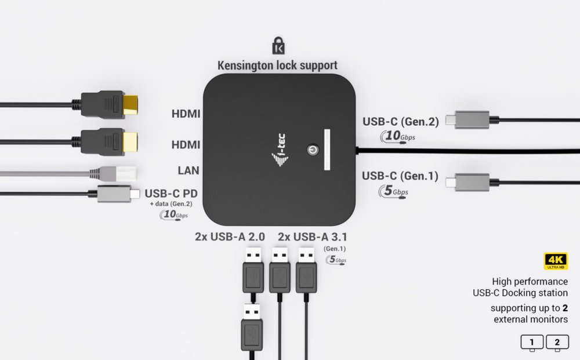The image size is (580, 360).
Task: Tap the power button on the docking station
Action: pos(311,149)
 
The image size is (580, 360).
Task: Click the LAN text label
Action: pos(188,170)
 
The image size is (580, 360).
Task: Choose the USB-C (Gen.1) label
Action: pos(400,176)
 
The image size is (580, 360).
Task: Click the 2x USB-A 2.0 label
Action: pos(230,237)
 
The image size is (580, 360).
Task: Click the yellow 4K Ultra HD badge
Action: pos(555,261)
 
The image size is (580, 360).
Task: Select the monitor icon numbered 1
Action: pos(532,343)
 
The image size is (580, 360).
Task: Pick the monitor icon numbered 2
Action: pos(557,343)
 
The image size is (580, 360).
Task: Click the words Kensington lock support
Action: pos(277,65)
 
